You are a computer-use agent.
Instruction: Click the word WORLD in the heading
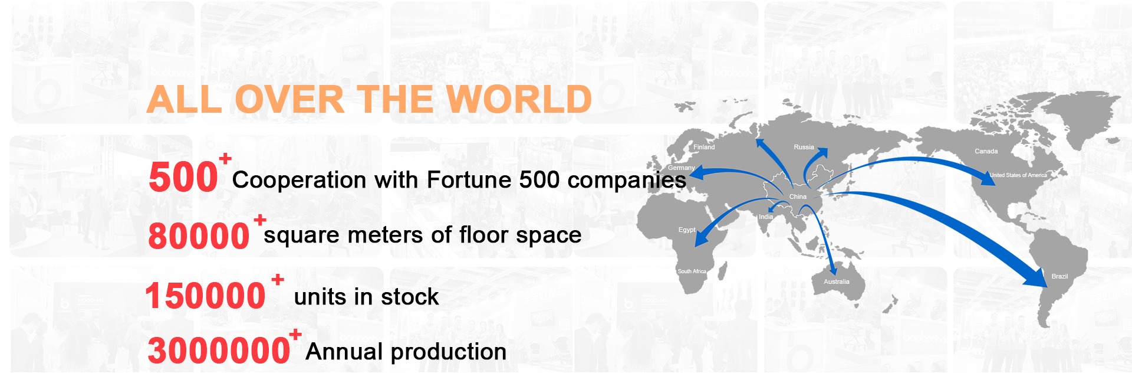click(x=518, y=99)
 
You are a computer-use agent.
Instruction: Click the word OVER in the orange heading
click(x=289, y=99)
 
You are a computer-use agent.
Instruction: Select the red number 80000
click(x=199, y=236)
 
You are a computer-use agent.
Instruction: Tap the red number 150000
click(x=205, y=296)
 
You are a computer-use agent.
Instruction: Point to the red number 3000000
click(x=219, y=351)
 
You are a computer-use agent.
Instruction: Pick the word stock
click(x=410, y=296)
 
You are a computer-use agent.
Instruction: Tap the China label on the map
click(x=798, y=197)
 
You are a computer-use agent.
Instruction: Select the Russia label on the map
click(x=804, y=147)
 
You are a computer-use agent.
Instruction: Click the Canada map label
click(x=986, y=151)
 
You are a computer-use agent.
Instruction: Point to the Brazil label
click(x=1059, y=276)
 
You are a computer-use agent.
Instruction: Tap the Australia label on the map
click(x=837, y=281)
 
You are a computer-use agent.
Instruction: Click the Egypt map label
click(x=687, y=230)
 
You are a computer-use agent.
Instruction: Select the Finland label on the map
click(x=704, y=147)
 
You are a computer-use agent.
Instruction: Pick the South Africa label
click(x=692, y=271)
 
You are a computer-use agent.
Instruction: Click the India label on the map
click(x=766, y=217)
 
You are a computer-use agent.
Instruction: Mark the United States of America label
click(x=1018, y=175)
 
